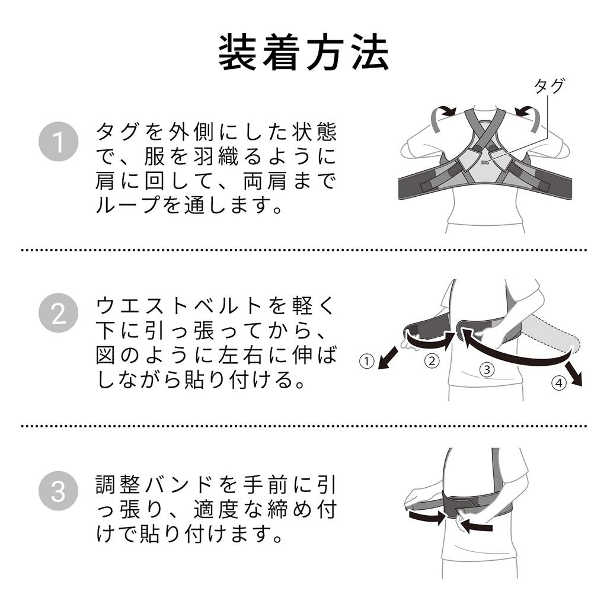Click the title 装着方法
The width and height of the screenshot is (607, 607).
point(303,52)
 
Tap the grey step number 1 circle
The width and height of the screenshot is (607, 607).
point(59,142)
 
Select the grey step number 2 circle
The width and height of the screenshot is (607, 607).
point(59,313)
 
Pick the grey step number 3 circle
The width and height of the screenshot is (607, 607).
point(59,490)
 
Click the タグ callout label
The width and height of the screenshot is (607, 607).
point(549,86)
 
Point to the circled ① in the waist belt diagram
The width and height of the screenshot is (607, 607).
point(366,362)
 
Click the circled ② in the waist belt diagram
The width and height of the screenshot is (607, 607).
point(432,361)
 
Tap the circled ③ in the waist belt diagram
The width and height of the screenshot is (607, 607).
point(487,369)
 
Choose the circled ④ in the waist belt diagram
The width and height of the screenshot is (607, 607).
point(558,383)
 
